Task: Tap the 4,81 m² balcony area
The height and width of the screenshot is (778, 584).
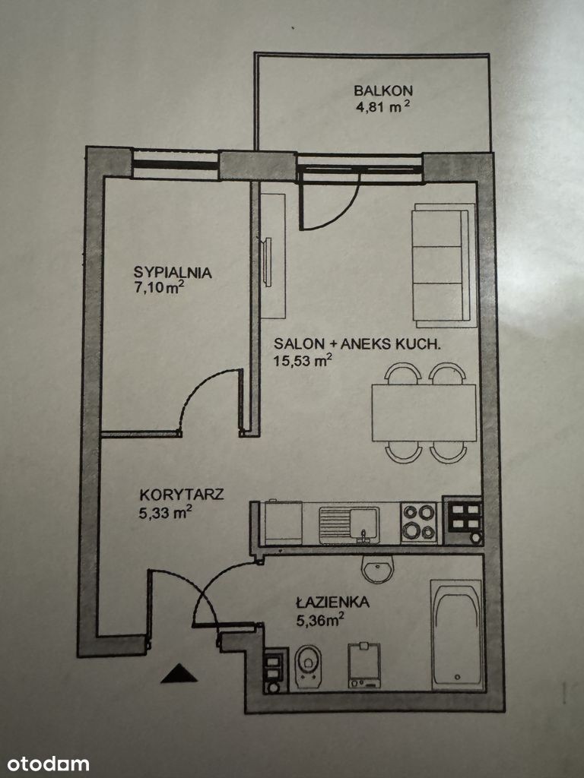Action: click(383, 106)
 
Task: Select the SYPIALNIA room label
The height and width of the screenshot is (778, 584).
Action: click(173, 273)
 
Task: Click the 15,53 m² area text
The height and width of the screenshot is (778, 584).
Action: click(303, 360)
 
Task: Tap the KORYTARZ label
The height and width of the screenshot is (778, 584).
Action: click(181, 495)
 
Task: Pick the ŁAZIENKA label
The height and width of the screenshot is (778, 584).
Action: click(333, 602)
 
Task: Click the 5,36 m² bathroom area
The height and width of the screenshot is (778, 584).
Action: click(320, 620)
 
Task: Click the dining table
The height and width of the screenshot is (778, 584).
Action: click(424, 413)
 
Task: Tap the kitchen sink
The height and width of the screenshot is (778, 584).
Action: click(349, 525)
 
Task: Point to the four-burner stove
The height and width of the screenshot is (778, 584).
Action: click(419, 523)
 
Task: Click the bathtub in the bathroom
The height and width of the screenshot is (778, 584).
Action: click(457, 635)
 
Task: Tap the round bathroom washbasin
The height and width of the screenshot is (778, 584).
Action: click(377, 568)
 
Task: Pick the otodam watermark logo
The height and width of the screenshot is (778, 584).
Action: click(48, 764)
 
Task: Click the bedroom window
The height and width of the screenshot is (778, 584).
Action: click(176, 164)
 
